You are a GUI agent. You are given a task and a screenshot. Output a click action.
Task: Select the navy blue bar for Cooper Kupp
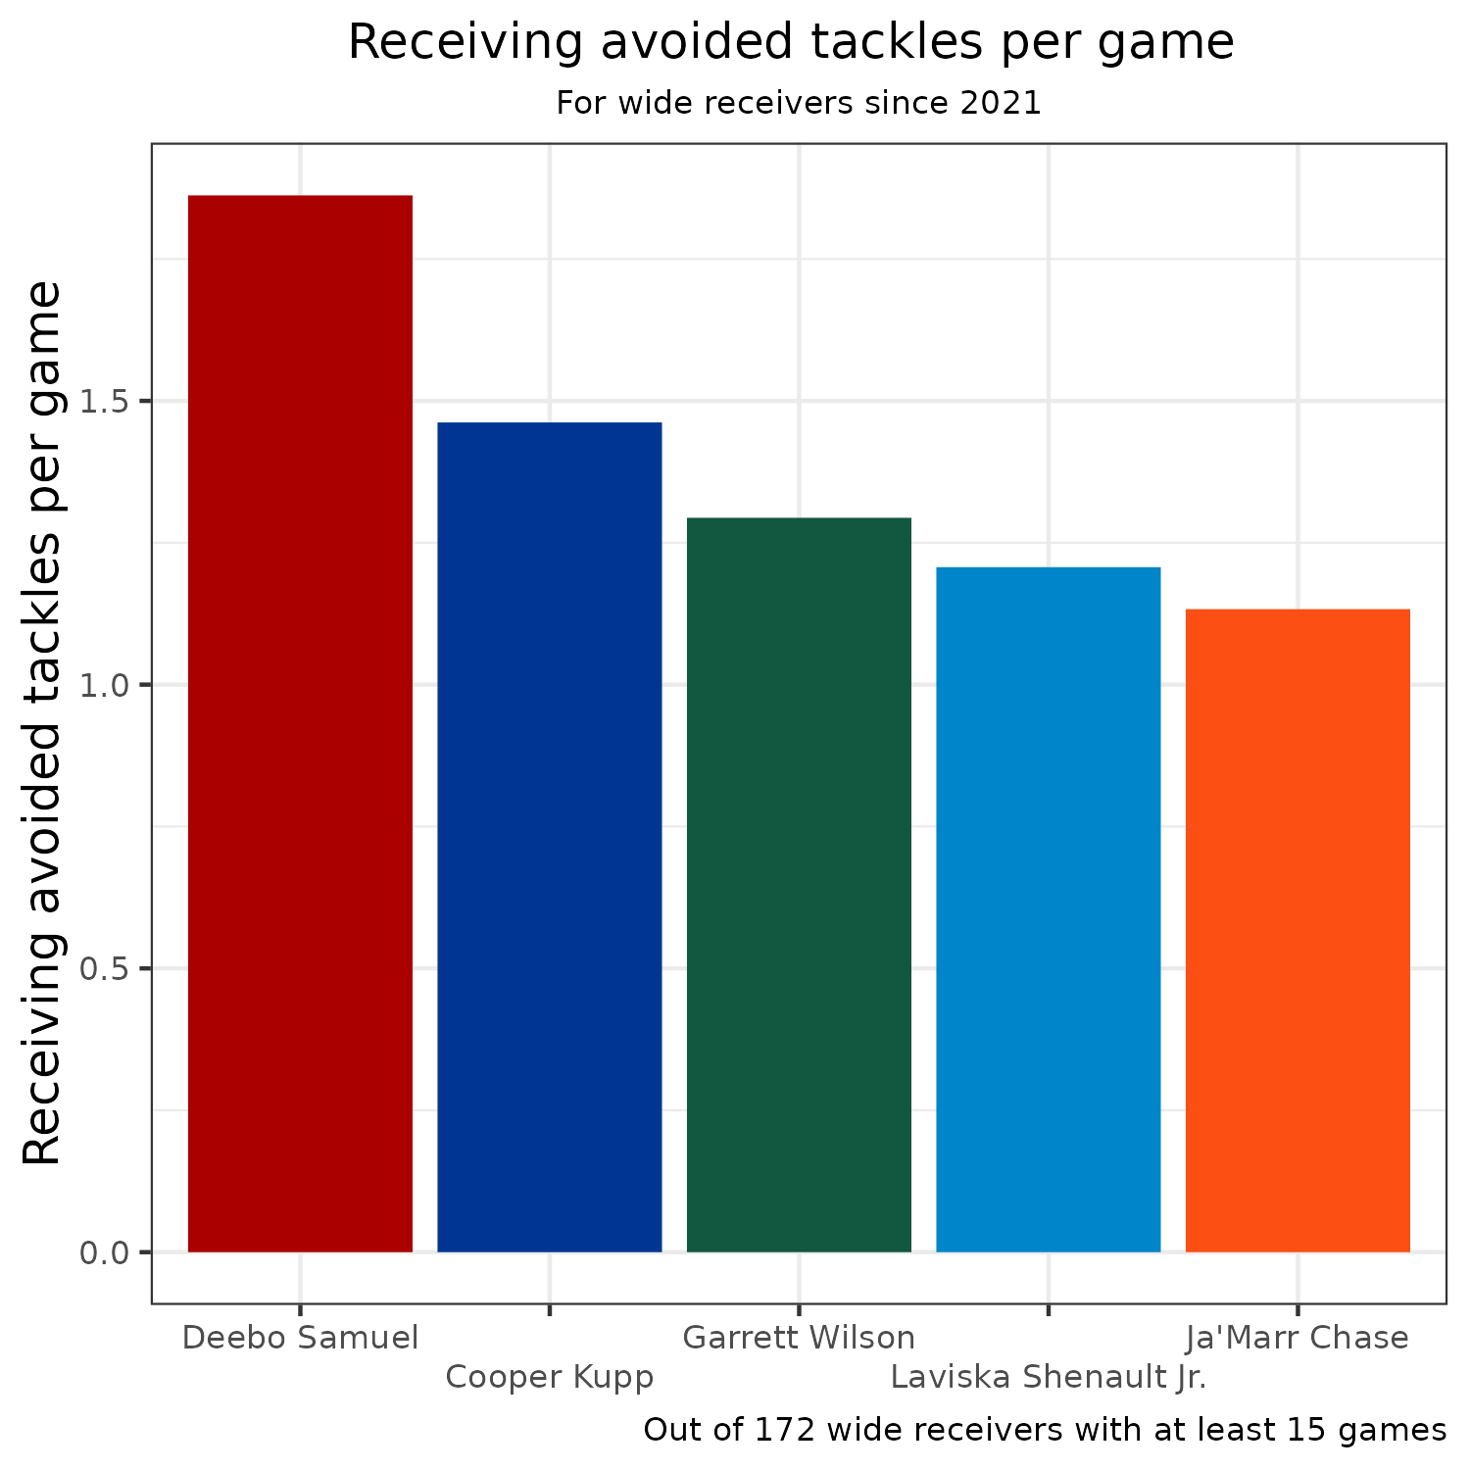click(x=549, y=837)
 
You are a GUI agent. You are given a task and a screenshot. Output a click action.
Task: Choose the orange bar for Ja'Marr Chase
click(x=1298, y=930)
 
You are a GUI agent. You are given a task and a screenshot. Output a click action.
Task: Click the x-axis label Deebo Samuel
click(x=300, y=1338)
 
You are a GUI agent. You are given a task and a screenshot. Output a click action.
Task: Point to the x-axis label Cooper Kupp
click(x=549, y=1377)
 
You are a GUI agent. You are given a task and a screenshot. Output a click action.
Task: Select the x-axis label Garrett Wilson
click(x=799, y=1338)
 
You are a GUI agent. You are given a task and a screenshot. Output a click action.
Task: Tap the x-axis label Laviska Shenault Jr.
click(x=1049, y=1377)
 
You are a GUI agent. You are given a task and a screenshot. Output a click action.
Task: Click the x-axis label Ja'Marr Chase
click(x=1298, y=1338)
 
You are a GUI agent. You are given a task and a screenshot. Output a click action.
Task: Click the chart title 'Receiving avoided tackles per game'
click(x=791, y=43)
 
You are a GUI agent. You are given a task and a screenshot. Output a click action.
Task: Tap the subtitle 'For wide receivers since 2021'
click(x=799, y=103)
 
